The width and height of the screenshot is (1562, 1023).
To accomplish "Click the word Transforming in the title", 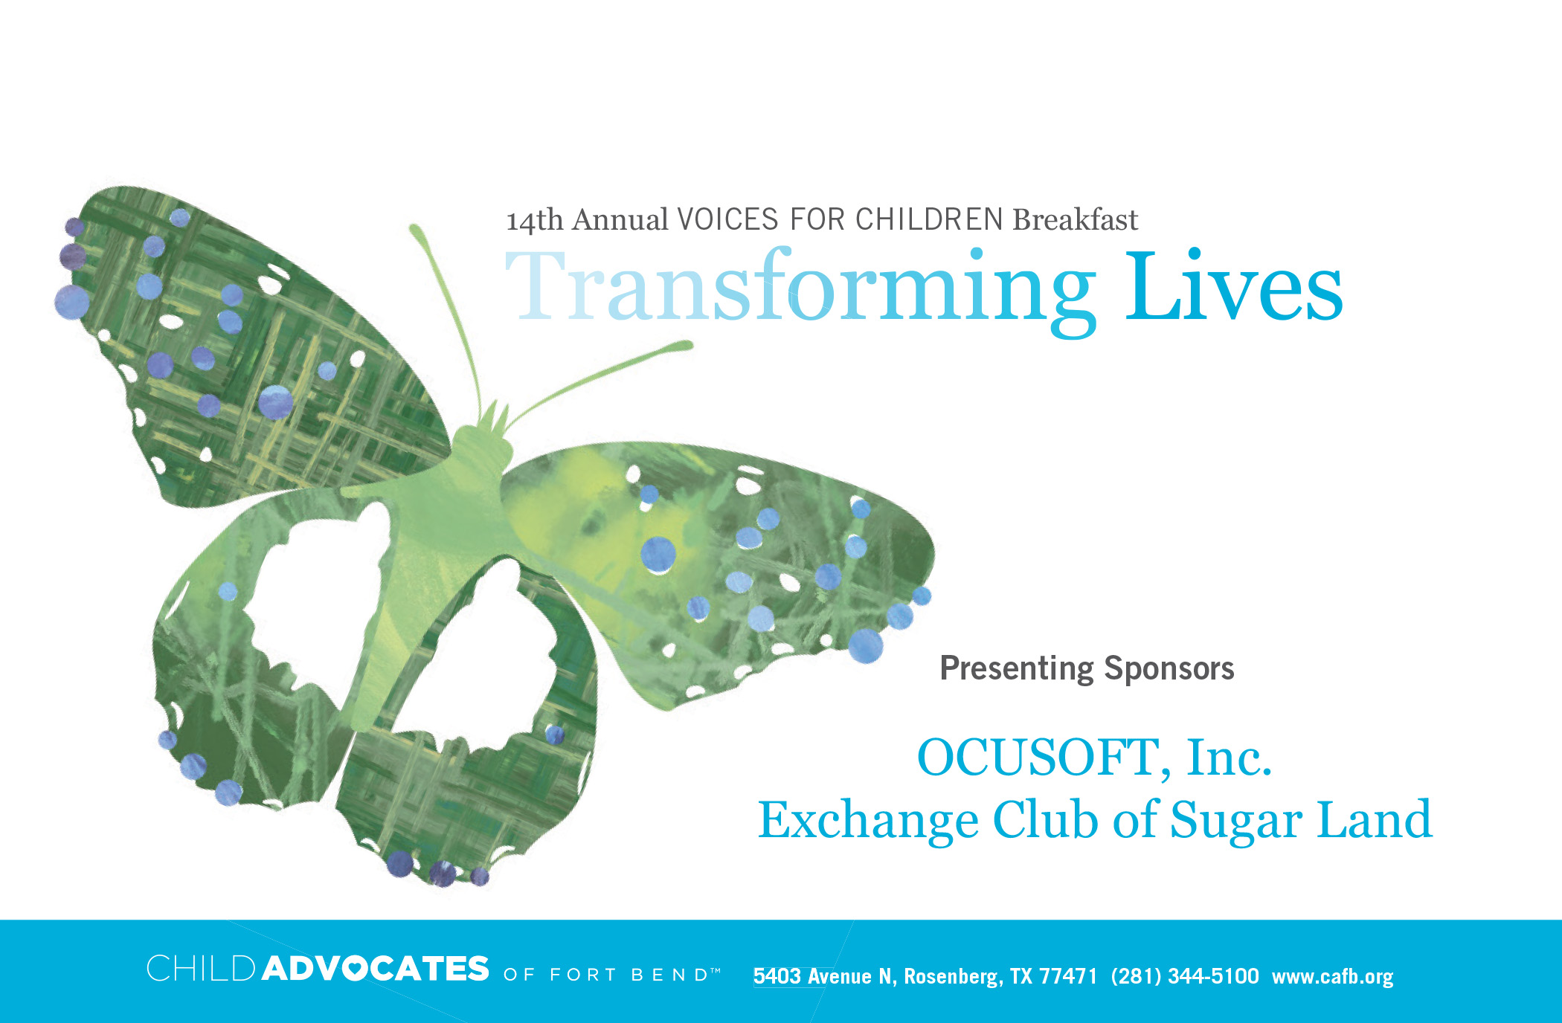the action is [x=800, y=290].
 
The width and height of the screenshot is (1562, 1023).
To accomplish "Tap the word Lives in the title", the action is [x=1234, y=286].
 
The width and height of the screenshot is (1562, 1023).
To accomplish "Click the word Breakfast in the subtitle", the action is [x=1076, y=220].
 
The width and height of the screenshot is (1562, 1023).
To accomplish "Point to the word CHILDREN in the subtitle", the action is [x=930, y=220].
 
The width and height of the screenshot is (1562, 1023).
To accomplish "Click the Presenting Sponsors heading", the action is [x=1087, y=668].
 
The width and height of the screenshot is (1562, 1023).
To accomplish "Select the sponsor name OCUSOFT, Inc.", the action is [x=1094, y=758].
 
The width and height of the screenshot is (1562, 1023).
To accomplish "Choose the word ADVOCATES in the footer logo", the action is [x=376, y=969].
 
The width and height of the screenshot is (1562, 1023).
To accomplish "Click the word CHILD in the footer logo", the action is [x=201, y=969].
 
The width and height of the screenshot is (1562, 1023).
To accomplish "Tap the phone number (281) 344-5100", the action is [x=1185, y=976].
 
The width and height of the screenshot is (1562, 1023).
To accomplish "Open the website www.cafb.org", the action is [x=1332, y=977].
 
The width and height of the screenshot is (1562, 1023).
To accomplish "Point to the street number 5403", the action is [x=777, y=976].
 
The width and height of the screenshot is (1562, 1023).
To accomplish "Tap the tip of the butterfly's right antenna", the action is [x=687, y=345].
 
